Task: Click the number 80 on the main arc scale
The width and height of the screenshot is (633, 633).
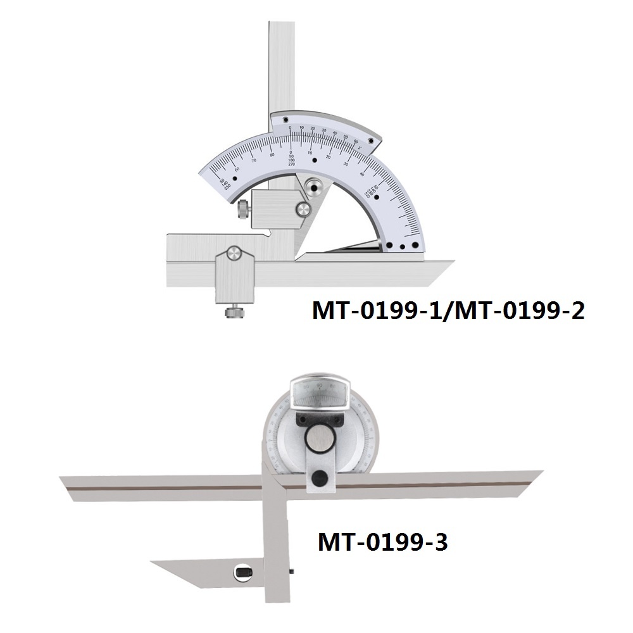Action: click(x=272, y=154)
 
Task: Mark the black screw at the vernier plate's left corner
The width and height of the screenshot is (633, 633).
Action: click(x=285, y=118)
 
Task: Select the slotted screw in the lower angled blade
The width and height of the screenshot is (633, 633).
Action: click(x=243, y=574)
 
